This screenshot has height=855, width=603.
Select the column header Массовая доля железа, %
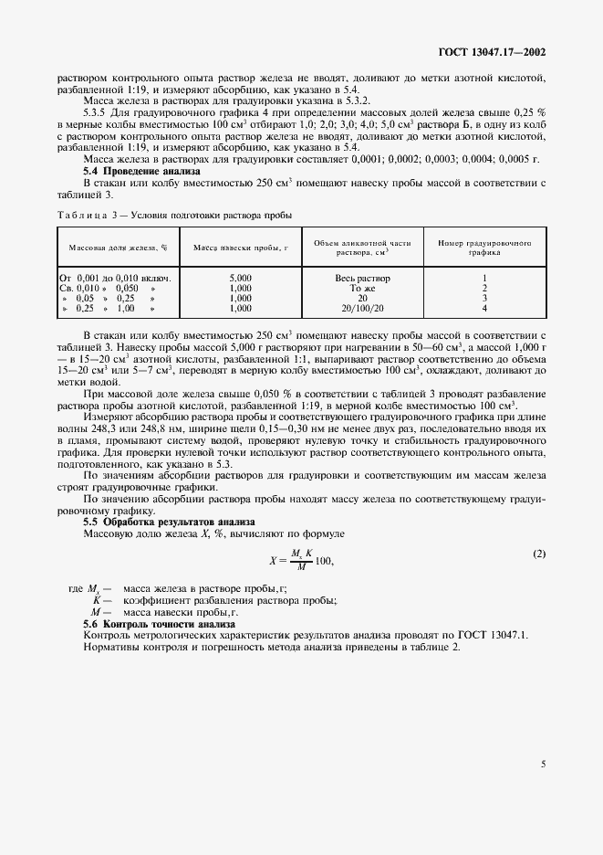click(118, 247)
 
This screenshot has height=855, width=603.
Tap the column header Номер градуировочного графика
click(484, 247)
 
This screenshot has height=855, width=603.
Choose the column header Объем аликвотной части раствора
click(362, 247)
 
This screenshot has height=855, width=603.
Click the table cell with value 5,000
click(241, 277)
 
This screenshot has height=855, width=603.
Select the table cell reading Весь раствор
click(362, 277)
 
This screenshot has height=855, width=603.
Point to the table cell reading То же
click(362, 287)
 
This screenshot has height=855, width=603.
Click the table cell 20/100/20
click(362, 308)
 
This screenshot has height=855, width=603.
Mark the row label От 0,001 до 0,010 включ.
click(116, 277)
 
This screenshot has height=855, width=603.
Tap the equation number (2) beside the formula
click(538, 554)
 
